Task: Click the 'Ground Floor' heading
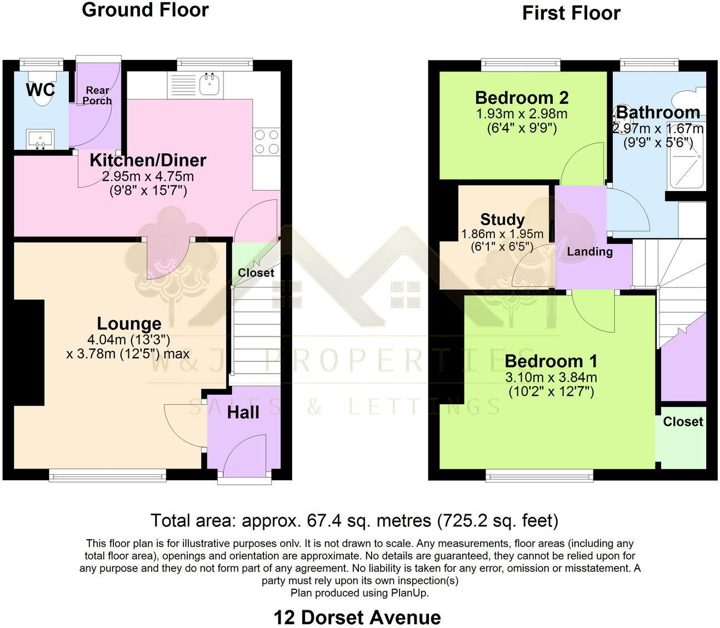(145, 10)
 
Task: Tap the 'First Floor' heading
(571, 13)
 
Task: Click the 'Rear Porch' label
(97, 96)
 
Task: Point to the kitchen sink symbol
(211, 84)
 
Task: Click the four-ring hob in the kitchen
(266, 141)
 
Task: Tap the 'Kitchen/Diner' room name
(148, 160)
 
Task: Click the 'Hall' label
(243, 413)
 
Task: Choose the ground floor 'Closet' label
(256, 273)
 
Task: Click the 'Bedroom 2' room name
(522, 98)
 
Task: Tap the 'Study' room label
(502, 219)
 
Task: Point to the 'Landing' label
(589, 252)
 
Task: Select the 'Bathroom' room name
(658, 113)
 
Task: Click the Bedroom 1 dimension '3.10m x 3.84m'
(551, 378)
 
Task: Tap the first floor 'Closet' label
(683, 422)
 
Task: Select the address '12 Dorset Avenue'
(357, 617)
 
